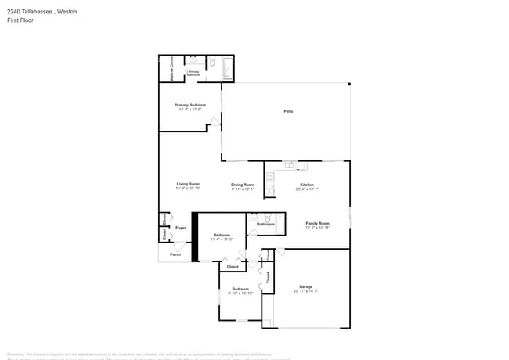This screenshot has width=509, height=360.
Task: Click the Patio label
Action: pos(288,111)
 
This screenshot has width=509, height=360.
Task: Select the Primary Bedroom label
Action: pos(190,104)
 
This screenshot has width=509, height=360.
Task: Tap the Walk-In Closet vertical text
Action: pos(171,69)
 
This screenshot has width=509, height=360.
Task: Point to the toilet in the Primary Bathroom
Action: pos(213,62)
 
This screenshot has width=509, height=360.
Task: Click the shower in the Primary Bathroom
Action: pos(228,69)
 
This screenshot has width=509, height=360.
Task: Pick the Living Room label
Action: pos(188,184)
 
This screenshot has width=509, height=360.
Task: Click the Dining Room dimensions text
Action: pos(243,189)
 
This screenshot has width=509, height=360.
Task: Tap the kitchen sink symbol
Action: pos(289,165)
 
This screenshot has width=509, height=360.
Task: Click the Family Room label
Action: pos(317,223)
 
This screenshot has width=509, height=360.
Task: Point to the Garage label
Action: pos(305,286)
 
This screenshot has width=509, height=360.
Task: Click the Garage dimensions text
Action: pos(305,291)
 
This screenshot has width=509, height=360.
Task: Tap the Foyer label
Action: pos(180,228)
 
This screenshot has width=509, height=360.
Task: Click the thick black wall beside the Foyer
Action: pos(195,238)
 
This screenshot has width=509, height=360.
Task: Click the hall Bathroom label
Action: pos(265,224)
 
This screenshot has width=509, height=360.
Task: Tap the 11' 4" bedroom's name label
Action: pos(222,235)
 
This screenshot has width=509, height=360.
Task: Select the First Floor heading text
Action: pos(20,20)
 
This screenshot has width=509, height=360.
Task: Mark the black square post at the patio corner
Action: pos(349,84)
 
